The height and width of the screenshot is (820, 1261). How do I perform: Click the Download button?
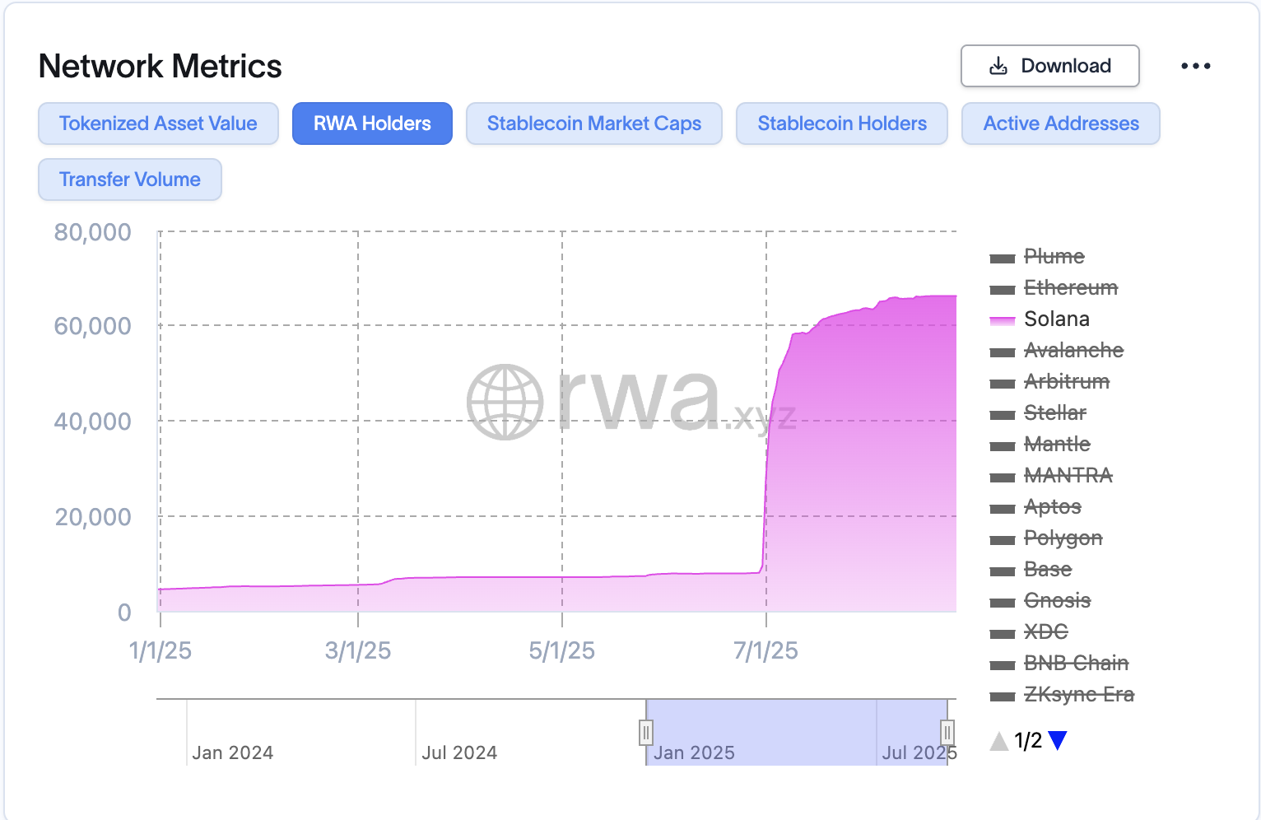(x=1049, y=66)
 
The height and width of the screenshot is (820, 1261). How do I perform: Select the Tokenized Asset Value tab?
(x=158, y=123)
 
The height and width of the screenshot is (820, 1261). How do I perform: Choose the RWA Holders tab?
(x=372, y=123)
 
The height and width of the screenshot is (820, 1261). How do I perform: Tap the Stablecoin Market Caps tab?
(x=593, y=123)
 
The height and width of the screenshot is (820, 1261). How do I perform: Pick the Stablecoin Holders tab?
(x=841, y=123)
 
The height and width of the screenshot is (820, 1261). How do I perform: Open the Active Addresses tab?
(x=1060, y=123)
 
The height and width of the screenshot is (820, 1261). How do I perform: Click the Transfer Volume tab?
(x=130, y=179)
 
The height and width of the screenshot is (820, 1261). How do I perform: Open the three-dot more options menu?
(x=1195, y=66)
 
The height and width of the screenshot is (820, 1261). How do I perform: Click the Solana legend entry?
(x=1056, y=319)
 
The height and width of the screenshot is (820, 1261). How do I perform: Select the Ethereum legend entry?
(x=1070, y=288)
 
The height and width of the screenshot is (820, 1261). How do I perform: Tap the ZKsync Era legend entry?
(x=1078, y=695)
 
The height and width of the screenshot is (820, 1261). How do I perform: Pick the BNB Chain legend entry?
(x=1075, y=664)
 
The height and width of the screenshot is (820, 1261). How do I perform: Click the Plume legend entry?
(x=1054, y=257)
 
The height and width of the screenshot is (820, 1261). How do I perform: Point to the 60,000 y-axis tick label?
(x=93, y=326)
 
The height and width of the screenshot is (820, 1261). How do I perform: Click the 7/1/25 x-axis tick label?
(x=765, y=651)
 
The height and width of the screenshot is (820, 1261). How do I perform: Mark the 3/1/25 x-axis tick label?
(x=358, y=651)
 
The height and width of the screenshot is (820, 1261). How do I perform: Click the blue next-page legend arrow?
(x=1058, y=740)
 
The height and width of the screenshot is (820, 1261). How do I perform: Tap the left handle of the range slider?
(x=646, y=732)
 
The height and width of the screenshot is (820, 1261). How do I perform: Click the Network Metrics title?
(x=161, y=67)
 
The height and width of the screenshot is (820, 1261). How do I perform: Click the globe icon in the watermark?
(x=505, y=402)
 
